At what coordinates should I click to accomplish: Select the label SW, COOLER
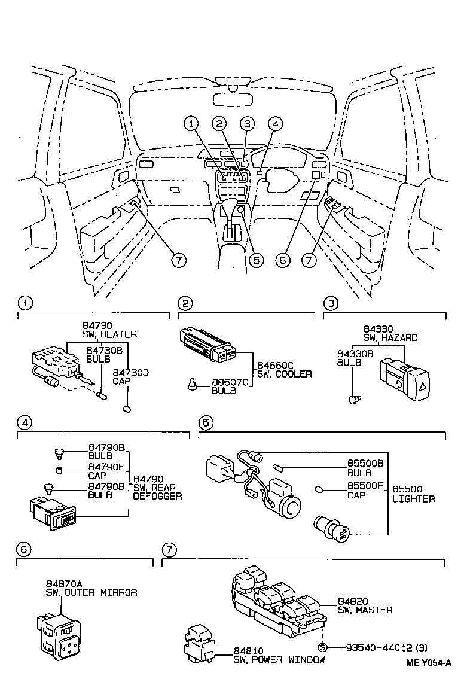click(x=285, y=374)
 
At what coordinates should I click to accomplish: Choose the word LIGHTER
click(x=414, y=498)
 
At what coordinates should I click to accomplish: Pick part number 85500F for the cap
click(x=366, y=486)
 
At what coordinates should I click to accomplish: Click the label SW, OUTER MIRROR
click(x=91, y=592)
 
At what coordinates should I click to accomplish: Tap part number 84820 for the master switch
click(x=353, y=601)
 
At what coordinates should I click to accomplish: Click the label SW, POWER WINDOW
click(x=279, y=660)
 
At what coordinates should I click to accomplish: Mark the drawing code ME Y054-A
click(x=428, y=662)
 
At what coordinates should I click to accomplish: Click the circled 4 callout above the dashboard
click(x=274, y=124)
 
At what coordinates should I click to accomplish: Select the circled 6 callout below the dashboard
click(x=284, y=260)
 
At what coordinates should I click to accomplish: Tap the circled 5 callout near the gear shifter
click(x=257, y=260)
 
